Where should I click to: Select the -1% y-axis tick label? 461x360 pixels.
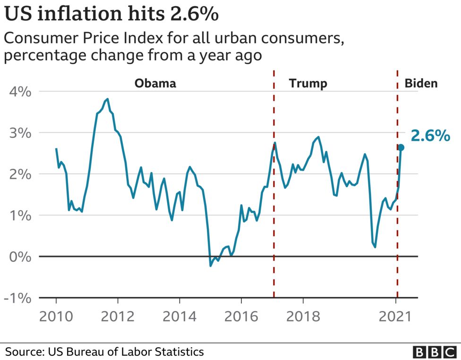pos(18,298)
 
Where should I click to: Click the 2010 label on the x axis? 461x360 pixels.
pos(56,316)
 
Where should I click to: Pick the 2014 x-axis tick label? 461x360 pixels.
pos(179,316)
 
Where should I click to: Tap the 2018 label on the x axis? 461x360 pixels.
pos(303,316)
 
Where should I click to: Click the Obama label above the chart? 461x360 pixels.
pos(155,84)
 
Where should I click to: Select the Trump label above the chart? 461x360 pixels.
pos(308,84)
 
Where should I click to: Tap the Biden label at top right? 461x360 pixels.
pos(421,84)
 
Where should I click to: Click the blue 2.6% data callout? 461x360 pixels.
pos(430,136)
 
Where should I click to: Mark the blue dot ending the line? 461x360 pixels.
pos(401,147)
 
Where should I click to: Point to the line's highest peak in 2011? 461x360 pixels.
pos(108,99)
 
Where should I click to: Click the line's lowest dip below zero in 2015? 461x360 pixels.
pos(211,266)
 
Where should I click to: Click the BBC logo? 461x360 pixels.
pos(432,352)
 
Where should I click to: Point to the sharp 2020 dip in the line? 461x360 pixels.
pos(375,247)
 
